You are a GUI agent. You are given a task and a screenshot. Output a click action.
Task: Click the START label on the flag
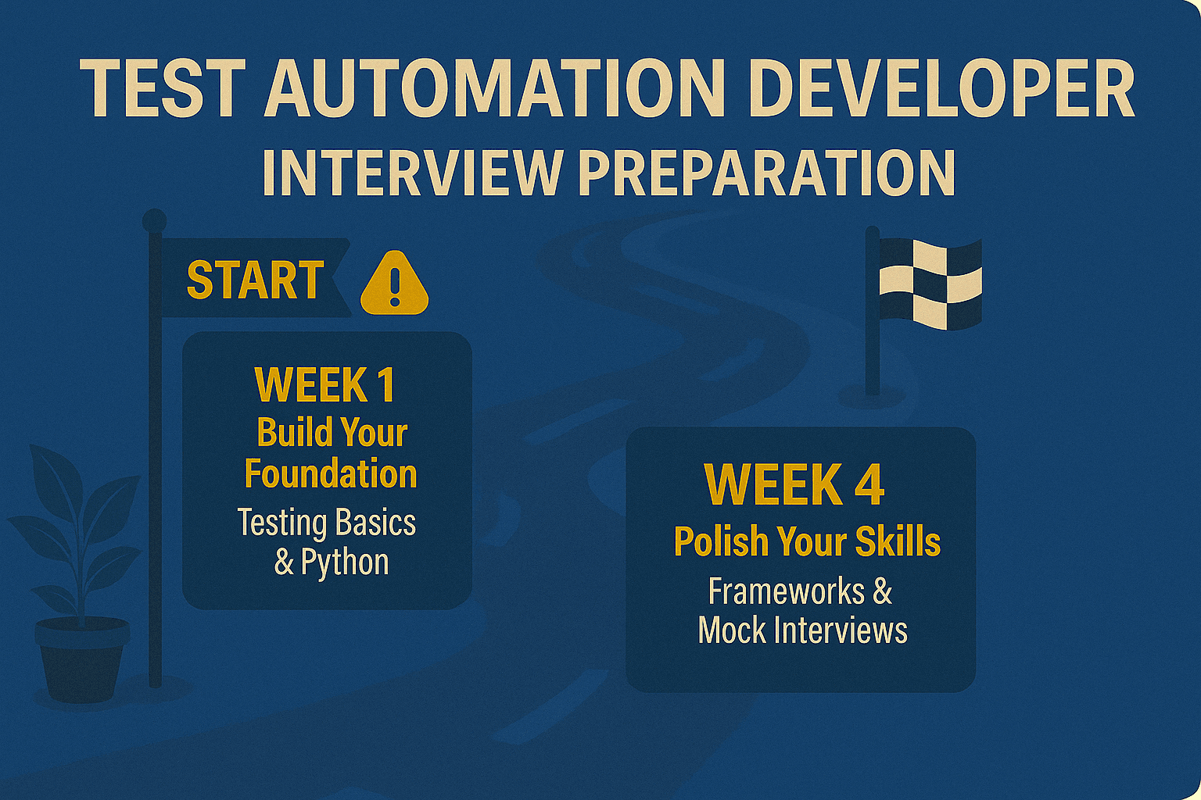coord(255,280)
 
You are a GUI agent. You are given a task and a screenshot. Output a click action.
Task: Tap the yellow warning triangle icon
coord(395,283)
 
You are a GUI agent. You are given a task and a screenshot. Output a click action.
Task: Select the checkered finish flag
coord(930,284)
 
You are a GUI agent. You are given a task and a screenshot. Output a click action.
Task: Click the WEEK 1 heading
coord(325,384)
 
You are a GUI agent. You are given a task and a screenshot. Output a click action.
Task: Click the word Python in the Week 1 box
coord(345,562)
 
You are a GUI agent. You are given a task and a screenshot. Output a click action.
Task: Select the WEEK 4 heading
coord(794,485)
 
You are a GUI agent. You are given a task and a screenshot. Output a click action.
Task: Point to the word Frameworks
coord(786,591)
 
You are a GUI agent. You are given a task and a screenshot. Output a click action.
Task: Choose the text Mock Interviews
coord(803,630)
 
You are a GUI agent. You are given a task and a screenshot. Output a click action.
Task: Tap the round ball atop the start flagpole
coord(154,220)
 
